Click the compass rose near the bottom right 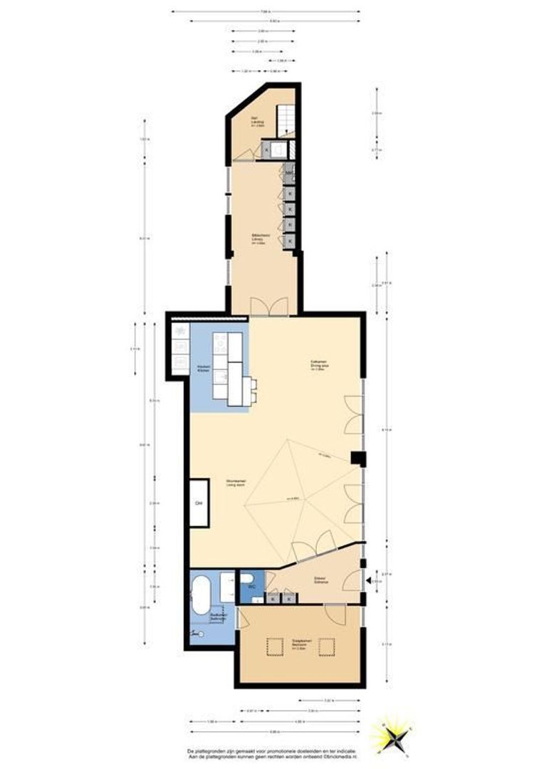click(392, 733)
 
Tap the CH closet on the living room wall click(199, 503)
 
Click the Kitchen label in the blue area click(204, 369)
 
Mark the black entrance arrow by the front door click(368, 581)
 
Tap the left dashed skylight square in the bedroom click(275, 647)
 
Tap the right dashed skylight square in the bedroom click(327, 647)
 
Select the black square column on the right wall click(361, 459)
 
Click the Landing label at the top click(254, 122)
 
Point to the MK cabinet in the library click(289, 172)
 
